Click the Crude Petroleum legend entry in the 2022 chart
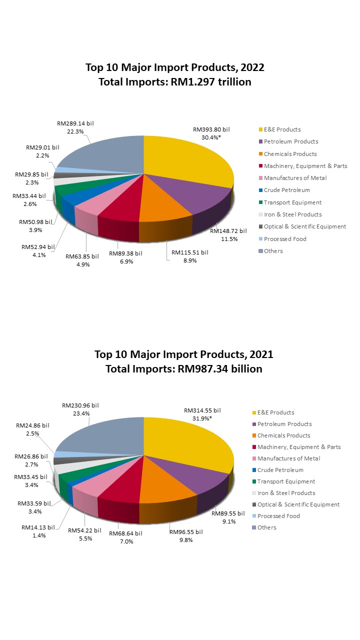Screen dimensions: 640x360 (x=286, y=190)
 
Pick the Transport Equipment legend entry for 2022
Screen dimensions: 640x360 (x=292, y=202)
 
